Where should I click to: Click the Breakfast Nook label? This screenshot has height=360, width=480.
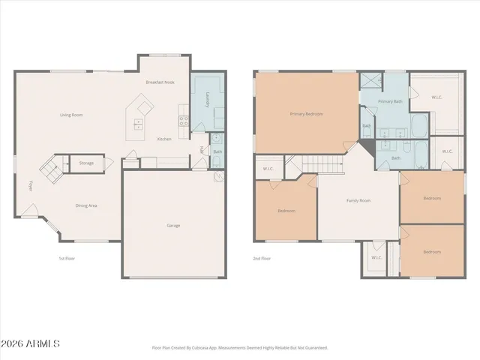tap(160, 81)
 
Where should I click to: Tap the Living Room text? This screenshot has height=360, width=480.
tap(72, 115)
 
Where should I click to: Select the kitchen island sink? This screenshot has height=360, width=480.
tap(139, 123)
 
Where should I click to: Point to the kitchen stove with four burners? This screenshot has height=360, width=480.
tap(181, 115)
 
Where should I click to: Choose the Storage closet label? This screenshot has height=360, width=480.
tap(86, 162)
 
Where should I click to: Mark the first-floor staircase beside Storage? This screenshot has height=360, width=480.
tap(52, 170)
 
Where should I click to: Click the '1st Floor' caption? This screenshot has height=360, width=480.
tap(67, 258)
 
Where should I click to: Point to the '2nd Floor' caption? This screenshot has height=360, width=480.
tap(262, 258)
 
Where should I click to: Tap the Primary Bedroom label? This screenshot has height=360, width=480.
tap(307, 114)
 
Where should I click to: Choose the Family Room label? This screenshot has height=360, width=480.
tap(358, 200)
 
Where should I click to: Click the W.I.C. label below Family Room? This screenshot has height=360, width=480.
tap(376, 258)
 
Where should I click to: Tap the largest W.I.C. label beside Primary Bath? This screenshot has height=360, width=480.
tap(437, 97)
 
